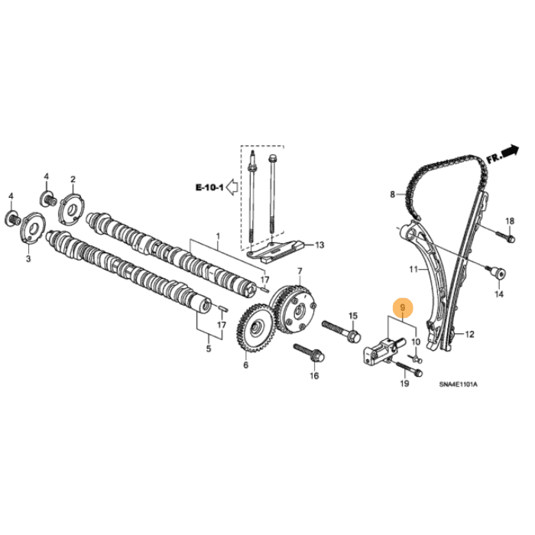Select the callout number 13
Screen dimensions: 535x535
tap(319, 245)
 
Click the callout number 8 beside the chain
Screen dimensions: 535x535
tap(394, 195)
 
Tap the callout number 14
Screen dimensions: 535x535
tap(499, 293)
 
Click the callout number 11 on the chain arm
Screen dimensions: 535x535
tap(413, 269)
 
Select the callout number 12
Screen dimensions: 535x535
tap(469, 334)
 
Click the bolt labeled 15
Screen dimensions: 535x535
tap(336, 330)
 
